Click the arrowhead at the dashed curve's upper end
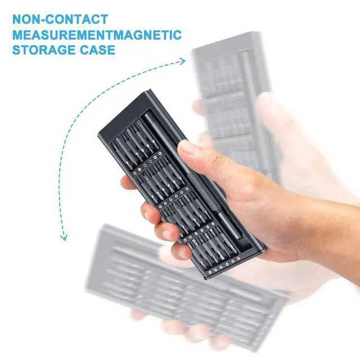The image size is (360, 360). (x=183, y=60)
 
